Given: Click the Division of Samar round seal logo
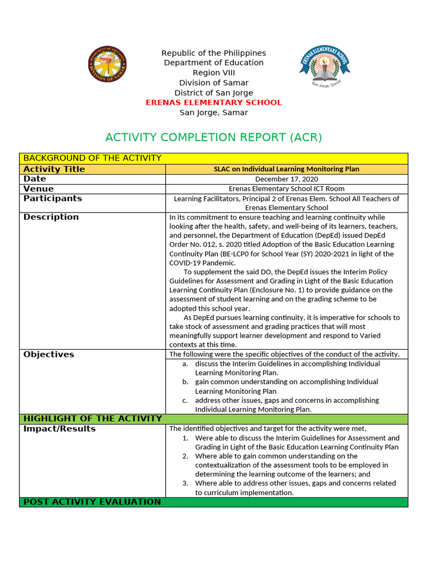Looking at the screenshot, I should click(108, 64).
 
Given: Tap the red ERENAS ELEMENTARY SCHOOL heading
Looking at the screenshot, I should click(213, 103).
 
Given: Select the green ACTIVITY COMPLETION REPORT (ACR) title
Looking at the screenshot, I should click(213, 137).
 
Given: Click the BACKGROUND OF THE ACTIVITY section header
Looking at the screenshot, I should click(93, 158).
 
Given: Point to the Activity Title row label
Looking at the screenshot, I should click(55, 169).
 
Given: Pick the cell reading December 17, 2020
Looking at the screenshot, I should click(286, 179).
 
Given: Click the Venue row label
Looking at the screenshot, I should click(39, 189).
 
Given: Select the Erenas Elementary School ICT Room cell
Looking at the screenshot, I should click(286, 189).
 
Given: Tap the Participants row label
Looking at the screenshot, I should click(53, 199).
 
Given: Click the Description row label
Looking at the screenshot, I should click(51, 217).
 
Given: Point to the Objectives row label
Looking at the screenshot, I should click(48, 355).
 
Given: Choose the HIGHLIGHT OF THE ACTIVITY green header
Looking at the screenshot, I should click(93, 419).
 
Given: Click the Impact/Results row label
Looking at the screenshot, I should click(60, 429).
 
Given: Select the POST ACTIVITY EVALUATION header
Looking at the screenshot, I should click(92, 502).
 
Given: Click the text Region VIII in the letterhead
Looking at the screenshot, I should click(213, 73).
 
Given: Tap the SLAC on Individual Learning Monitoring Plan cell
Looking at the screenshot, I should click(286, 169).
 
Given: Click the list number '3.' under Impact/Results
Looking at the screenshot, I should click(186, 483).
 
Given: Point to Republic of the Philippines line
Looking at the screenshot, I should click(213, 53).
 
